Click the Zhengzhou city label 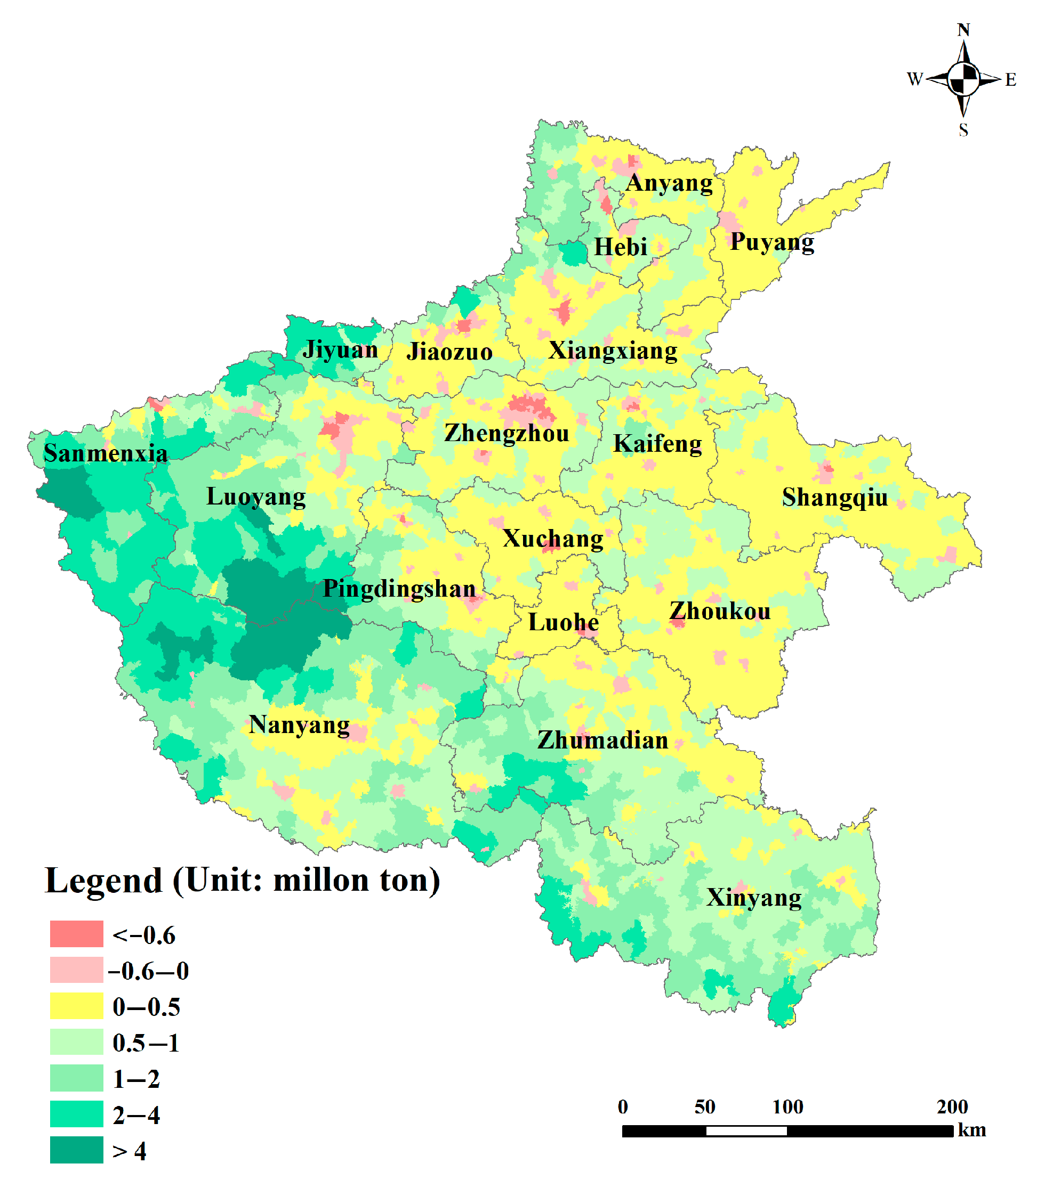click(506, 434)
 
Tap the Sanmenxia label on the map click(105, 453)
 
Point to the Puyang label click(771, 242)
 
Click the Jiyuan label click(340, 350)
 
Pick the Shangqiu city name click(834, 498)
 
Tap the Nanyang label click(299, 725)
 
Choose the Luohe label click(563, 622)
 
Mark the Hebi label click(620, 247)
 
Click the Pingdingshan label click(399, 589)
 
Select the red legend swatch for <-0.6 click(76, 934)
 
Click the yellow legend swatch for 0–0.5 click(76, 1006)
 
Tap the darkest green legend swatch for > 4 click(76, 1150)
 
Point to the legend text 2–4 click(136, 1115)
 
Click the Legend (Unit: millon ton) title click(242, 881)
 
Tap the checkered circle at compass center click(963, 79)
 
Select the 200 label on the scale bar click(951, 1106)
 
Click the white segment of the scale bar click(745, 1131)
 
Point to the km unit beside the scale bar click(971, 1130)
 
